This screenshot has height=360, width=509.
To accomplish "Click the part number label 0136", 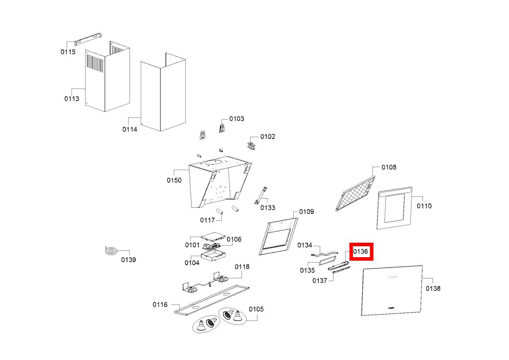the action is tap(360, 252).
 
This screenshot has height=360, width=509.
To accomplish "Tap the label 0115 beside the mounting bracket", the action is tap(68, 52).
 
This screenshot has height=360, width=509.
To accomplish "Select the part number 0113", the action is tap(72, 99).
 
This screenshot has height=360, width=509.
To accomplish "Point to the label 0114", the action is tap(130, 129).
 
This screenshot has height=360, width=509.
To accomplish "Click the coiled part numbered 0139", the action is tap(111, 251).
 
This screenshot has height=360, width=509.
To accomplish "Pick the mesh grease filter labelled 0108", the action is tap(355, 193).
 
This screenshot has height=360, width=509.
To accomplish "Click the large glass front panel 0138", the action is tap(392, 291).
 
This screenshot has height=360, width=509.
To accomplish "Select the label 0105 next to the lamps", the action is tap(256, 309).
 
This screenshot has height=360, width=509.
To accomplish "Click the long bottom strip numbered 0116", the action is tap(212, 300).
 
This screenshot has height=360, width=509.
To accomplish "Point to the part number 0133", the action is tap(268, 208).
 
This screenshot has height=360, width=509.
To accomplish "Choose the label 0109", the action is tap(306, 212).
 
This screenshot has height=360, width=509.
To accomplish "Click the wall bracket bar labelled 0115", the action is tap(88, 40).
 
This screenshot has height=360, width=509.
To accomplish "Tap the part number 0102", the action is tap(268, 136).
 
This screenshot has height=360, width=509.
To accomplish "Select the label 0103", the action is tap(236, 119).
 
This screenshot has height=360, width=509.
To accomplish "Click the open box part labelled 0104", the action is tap(213, 255).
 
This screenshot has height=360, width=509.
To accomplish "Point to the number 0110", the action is tap(424, 206).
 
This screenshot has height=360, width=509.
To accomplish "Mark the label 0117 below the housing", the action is tap(208, 220).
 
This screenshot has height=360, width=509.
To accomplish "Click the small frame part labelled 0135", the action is tap(328, 260).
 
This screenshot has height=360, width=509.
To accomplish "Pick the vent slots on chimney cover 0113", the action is tap(95, 63).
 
